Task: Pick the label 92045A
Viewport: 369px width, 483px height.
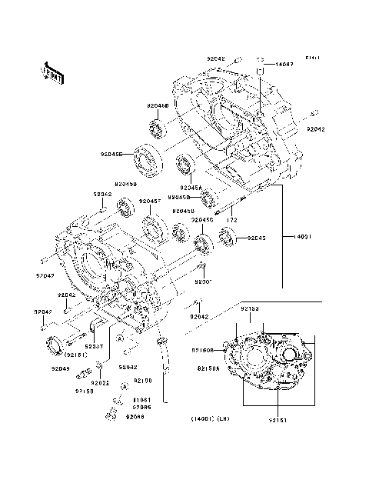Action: pyautogui.click(x=191, y=187)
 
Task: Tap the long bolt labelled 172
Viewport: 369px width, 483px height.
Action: pyautogui.click(x=228, y=206)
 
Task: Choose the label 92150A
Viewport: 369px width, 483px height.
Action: pyautogui.click(x=208, y=368)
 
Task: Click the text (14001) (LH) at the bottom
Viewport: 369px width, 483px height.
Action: pyautogui.click(x=211, y=420)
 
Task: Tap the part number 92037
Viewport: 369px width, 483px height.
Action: pyautogui.click(x=95, y=346)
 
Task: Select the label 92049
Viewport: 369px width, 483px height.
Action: pyautogui.click(x=61, y=369)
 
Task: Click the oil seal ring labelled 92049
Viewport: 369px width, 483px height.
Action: pyautogui.click(x=57, y=345)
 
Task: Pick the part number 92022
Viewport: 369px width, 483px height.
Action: pyautogui.click(x=100, y=382)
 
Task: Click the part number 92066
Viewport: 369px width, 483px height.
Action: pyautogui.click(x=135, y=416)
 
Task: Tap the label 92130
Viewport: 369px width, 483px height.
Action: pyautogui.click(x=143, y=381)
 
